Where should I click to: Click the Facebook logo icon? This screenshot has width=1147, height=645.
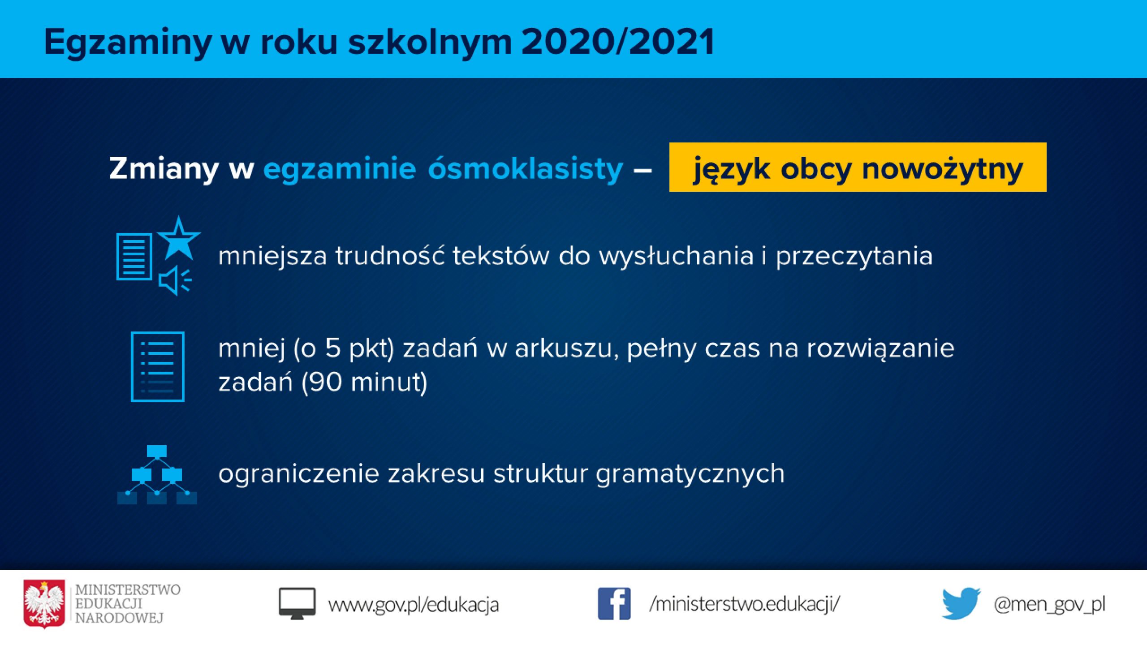(x=614, y=604)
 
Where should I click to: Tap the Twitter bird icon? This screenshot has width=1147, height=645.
(x=961, y=603)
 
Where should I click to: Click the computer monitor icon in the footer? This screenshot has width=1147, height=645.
(x=297, y=604)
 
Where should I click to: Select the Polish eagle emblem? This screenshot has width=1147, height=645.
(x=44, y=604)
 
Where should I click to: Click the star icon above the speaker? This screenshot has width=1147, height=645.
(x=179, y=238)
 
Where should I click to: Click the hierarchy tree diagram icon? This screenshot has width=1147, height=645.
(x=157, y=475)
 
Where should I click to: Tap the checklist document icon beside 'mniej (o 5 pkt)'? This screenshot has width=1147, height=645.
(x=157, y=367)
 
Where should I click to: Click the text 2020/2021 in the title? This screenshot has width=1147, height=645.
(x=618, y=42)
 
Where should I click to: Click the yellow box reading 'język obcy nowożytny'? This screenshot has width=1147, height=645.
(x=858, y=167)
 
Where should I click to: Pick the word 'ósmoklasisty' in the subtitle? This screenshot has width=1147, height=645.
(x=526, y=169)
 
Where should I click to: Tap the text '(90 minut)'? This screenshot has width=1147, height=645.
(x=364, y=382)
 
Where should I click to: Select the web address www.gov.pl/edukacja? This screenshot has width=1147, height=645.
(x=413, y=605)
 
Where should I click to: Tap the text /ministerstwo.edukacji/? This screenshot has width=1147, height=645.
(x=745, y=604)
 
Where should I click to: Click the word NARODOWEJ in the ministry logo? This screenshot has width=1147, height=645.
(x=119, y=618)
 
